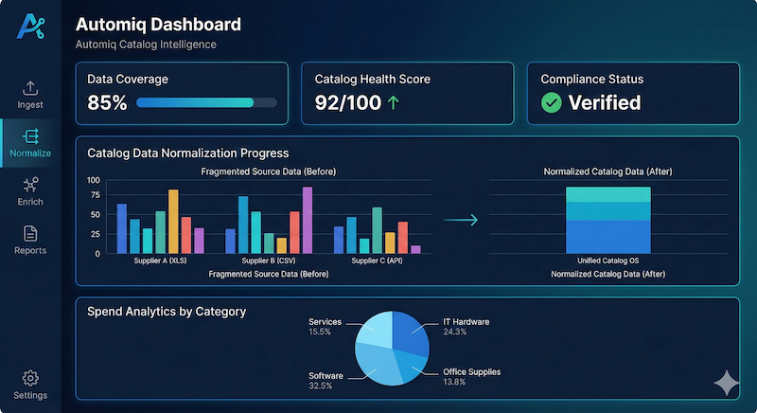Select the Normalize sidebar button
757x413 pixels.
tap(30, 143)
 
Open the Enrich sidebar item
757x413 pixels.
tap(30, 191)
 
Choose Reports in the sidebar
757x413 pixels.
tap(30, 240)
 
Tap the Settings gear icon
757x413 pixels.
tap(30, 378)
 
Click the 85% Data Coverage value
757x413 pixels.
tap(107, 103)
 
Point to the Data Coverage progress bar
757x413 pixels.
tap(206, 102)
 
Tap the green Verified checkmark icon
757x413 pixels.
tap(551, 103)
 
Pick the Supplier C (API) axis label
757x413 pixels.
tap(376, 260)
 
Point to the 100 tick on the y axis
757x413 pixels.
tap(93, 180)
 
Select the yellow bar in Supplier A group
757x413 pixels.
tap(173, 221)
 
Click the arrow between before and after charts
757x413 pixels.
tap(461, 220)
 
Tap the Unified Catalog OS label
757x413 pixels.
tap(607, 260)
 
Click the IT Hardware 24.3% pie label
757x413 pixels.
tap(466, 327)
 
